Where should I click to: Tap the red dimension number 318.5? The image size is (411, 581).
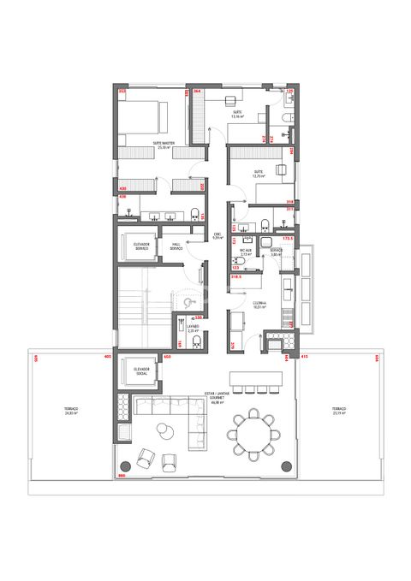coord(235,277)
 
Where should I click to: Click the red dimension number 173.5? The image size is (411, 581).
coord(289,240)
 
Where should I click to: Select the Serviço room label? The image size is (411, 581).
coord(276,253)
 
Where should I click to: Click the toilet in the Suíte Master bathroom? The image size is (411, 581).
coord(196,214)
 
